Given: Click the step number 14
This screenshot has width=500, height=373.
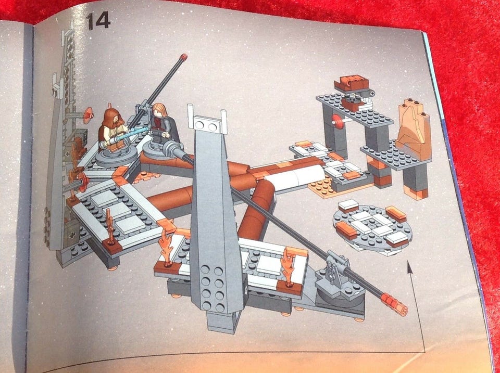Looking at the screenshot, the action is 98,21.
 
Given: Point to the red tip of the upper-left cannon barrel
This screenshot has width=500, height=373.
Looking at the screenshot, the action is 183,57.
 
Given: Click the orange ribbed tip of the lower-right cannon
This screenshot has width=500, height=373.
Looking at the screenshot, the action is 394,304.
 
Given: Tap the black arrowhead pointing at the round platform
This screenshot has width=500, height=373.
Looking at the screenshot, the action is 410,267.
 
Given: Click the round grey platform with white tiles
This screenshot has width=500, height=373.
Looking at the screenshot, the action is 372,227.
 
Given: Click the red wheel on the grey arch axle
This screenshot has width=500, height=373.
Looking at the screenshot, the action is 337,122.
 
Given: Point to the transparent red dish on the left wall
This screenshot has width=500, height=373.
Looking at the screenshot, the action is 88,115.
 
